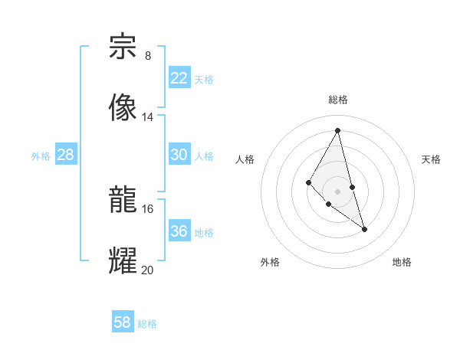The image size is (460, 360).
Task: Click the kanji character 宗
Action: [123, 47]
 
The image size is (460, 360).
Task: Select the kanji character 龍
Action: [123, 200]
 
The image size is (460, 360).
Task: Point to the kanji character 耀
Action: [123, 260]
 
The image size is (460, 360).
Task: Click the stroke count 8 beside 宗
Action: [148, 56]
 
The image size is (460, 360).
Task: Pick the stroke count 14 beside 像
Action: [148, 117]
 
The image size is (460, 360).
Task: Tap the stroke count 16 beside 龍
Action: [148, 208]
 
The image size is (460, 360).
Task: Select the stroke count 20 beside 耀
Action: [148, 270]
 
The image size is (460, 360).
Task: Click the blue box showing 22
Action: [179, 78]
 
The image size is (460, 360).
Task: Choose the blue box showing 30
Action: [179, 155]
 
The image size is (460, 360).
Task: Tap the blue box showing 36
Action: [179, 231]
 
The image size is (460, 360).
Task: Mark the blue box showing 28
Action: [66, 155]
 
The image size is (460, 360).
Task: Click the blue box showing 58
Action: [123, 322]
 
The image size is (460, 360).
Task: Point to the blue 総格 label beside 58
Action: [147, 324]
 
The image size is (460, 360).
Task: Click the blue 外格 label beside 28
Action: [41, 156]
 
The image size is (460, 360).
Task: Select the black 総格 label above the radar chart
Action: [338, 100]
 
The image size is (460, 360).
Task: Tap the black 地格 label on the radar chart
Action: [402, 263]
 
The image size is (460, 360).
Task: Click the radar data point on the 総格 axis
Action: [338, 130]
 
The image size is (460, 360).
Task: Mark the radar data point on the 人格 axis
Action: [308, 182]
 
